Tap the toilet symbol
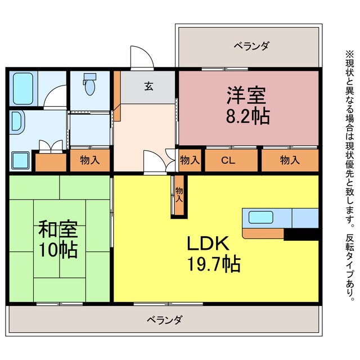(x=89, y=86)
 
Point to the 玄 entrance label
(x=148, y=87)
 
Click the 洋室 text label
(x=246, y=95)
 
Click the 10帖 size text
(x=58, y=249)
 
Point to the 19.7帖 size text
(x=214, y=263)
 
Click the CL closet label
(x=228, y=160)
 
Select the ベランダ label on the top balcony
(x=251, y=46)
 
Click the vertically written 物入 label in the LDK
(x=179, y=195)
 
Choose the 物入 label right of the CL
(x=289, y=160)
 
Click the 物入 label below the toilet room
(x=90, y=160)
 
